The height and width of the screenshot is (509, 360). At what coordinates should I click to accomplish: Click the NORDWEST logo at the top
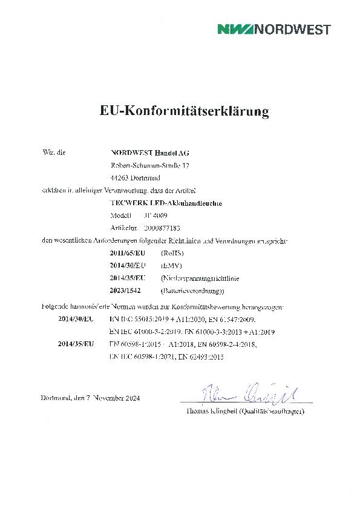(274, 29)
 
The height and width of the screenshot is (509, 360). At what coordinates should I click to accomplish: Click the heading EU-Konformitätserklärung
(184, 111)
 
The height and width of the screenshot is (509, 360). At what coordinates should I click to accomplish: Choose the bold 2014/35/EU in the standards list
(76, 344)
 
